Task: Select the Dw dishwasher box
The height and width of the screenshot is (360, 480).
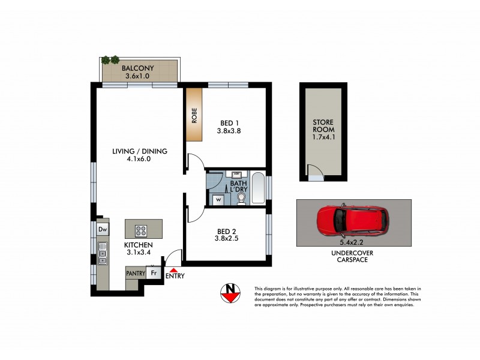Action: [103, 229]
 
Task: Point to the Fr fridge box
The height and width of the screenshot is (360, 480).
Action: [154, 273]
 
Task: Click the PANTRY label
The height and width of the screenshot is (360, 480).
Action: [135, 273]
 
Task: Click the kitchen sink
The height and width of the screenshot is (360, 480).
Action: [103, 253]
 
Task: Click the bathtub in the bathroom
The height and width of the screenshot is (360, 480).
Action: [258, 188]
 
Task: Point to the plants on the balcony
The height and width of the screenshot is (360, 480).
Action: [110, 60]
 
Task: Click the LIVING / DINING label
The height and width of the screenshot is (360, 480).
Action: [139, 151]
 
